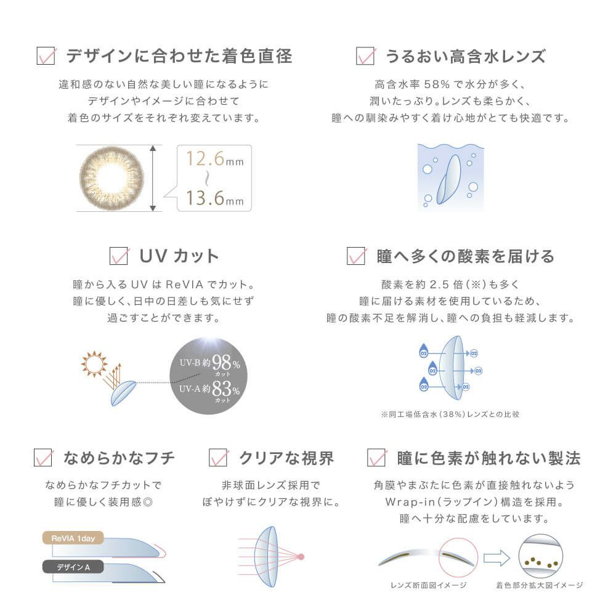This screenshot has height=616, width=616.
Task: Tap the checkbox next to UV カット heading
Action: [118, 256]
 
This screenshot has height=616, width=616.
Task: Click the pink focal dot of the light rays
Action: [301, 557]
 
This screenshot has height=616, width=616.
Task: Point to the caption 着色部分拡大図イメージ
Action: [539, 585]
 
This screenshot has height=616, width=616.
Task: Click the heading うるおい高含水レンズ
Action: [465, 56]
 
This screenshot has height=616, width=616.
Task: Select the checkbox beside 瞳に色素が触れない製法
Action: [376, 458]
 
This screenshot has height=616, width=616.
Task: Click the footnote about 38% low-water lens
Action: [450, 414]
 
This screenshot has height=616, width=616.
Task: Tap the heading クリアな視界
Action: [286, 458]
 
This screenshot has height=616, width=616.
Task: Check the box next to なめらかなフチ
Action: [43, 458]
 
